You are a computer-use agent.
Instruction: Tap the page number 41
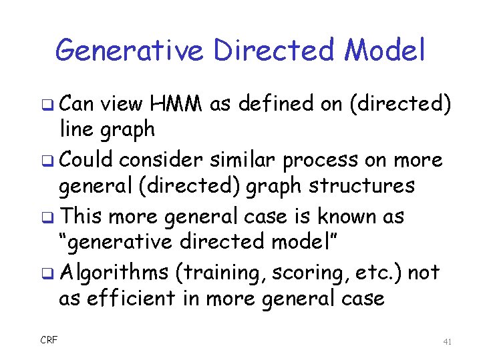(448, 341)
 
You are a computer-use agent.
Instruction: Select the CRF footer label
(49, 341)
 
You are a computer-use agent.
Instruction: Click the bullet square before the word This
(52, 217)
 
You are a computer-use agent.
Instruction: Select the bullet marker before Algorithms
(52, 273)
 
